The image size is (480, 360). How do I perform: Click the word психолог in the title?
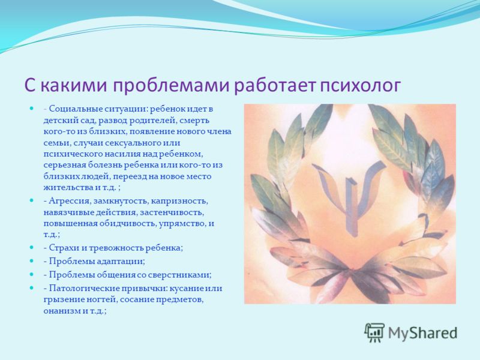click(x=361, y=85)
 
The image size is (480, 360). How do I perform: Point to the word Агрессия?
click(x=69, y=202)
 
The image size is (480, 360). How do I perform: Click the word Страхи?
click(x=64, y=248)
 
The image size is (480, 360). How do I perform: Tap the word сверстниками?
click(x=179, y=275)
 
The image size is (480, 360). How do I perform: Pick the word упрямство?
click(x=182, y=224)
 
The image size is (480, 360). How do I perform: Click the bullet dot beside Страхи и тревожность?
click(x=31, y=247)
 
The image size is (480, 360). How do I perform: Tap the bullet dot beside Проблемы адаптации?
click(x=31, y=260)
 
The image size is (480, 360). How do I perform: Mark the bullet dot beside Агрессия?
click(x=31, y=200)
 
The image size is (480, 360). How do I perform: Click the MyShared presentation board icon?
click(x=374, y=332)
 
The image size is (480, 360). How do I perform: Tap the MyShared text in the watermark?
click(x=422, y=333)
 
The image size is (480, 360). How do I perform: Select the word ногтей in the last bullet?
click(x=103, y=299)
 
